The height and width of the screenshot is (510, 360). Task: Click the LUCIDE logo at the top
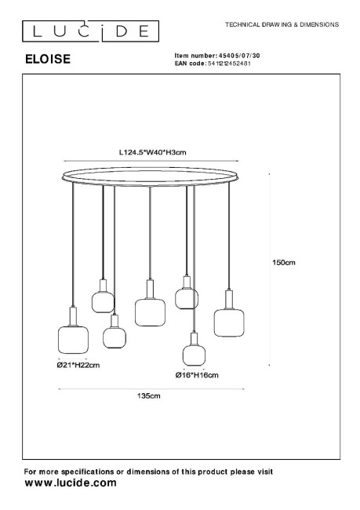point(90,31)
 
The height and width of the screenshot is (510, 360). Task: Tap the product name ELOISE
point(48,59)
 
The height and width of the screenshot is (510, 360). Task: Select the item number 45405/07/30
point(239,56)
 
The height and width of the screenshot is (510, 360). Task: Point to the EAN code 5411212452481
point(229,64)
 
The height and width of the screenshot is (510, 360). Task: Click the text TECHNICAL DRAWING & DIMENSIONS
point(282,24)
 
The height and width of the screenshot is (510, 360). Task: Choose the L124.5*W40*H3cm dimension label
point(152,152)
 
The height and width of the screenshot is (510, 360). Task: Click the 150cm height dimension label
point(284,263)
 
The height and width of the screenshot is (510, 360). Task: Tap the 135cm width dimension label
point(148,395)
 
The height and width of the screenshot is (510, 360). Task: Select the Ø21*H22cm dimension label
point(78,365)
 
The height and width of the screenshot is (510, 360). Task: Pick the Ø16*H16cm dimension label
point(197,375)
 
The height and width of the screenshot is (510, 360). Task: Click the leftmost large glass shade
point(73,340)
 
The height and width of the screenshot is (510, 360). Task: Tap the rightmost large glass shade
point(229,322)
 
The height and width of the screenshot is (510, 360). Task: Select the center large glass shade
point(150,312)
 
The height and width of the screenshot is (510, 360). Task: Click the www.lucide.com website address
point(71,483)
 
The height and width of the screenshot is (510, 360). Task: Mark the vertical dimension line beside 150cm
point(269,270)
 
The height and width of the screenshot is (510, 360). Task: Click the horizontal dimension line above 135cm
point(151,388)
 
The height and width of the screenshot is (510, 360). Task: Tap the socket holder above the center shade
point(150,290)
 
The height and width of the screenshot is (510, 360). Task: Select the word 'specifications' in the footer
point(88,472)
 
